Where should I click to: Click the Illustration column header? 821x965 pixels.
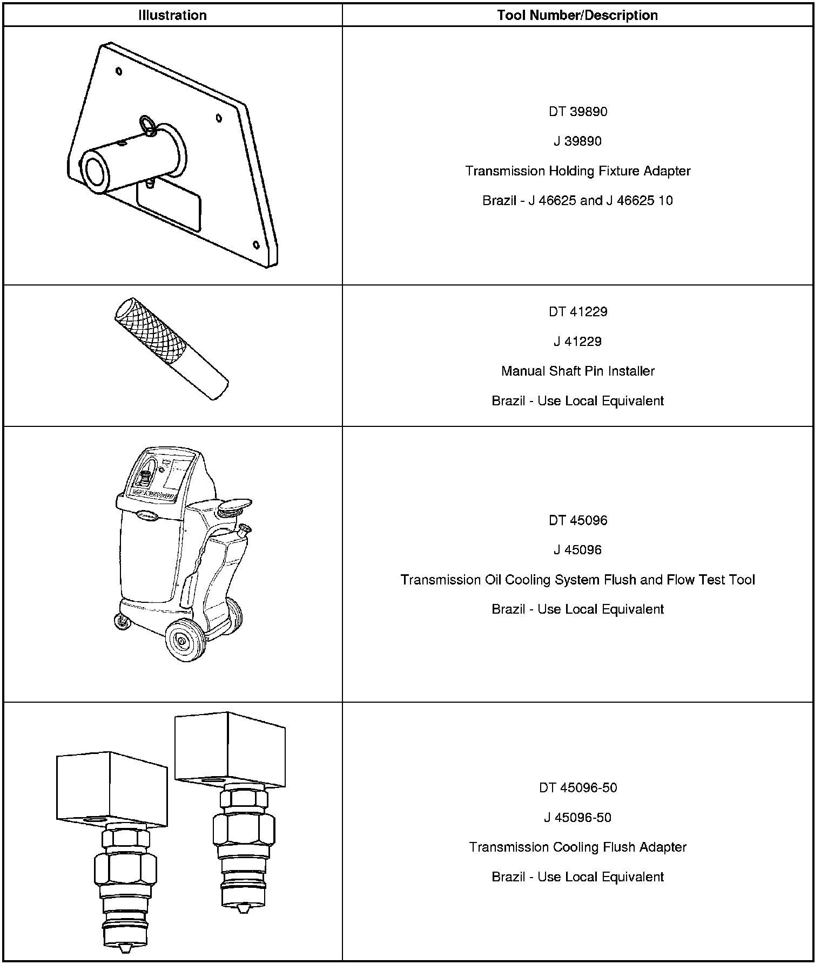[x=172, y=15]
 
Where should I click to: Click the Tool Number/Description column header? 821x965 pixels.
[x=577, y=15]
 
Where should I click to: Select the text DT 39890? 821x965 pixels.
[x=577, y=112]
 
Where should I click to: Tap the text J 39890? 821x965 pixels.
[x=577, y=141]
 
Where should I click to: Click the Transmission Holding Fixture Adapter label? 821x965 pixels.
[x=577, y=171]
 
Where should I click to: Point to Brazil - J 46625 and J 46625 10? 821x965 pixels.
[x=577, y=201]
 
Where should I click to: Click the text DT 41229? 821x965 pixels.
[x=577, y=312]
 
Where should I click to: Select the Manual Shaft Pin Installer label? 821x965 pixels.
[x=577, y=371]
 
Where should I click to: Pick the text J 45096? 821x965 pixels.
[x=577, y=550]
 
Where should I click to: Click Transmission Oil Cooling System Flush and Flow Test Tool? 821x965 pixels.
[x=577, y=580]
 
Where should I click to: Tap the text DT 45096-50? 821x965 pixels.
[x=577, y=788]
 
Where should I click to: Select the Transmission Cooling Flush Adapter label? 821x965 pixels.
[x=577, y=847]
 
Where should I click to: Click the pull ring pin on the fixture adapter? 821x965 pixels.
[x=147, y=125]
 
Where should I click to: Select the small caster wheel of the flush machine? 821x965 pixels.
[x=122, y=623]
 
